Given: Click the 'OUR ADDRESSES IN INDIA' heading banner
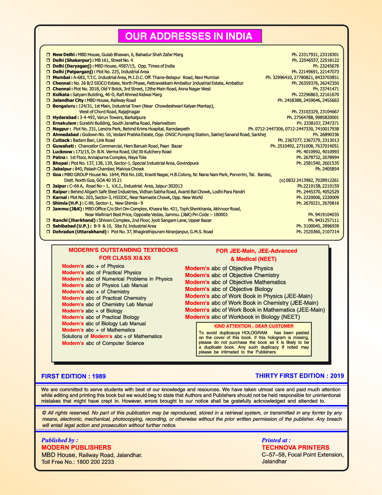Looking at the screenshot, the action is pyautogui.click(x=190, y=36).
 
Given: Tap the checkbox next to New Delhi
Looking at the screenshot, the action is pyautogui.click(x=48, y=55).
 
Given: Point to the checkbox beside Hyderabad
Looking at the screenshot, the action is pyautogui.click(x=48, y=118).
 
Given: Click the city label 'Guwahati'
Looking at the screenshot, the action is pyautogui.click(x=64, y=146).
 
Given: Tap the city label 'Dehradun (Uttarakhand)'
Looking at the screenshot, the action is pyautogui.click(x=80, y=232).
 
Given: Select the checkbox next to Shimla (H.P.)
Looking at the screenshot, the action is pyautogui.click(x=48, y=203).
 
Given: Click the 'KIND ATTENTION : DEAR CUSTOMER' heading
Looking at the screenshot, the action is pyautogui.click(x=254, y=326).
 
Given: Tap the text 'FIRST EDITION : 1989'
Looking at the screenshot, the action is pyautogui.click(x=73, y=376).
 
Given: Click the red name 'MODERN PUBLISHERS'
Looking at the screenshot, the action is pyautogui.click(x=76, y=447).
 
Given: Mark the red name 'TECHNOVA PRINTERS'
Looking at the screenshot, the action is pyautogui.click(x=295, y=447).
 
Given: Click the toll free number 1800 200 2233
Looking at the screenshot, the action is pyautogui.click(x=95, y=462).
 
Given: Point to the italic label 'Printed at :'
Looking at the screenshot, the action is pyautogui.click(x=276, y=440).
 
